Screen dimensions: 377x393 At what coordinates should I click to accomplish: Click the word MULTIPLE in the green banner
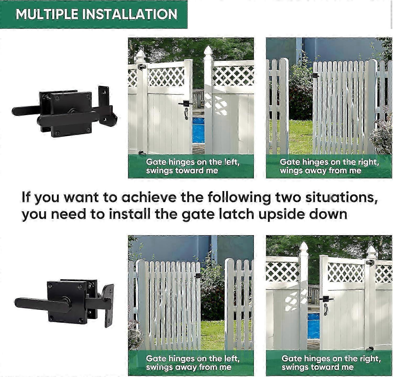[x=47, y=14]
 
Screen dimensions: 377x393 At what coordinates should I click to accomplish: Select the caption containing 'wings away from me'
[x=329, y=166]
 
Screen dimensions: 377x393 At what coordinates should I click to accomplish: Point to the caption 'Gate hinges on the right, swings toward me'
[x=331, y=363]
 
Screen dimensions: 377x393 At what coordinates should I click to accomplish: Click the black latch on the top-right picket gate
[x=315, y=76]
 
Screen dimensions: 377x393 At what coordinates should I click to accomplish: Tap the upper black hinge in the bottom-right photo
[x=370, y=262]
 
